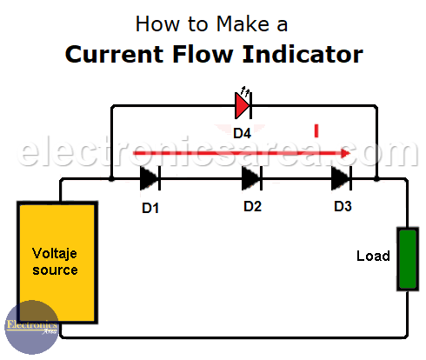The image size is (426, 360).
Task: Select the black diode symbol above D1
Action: (150, 178)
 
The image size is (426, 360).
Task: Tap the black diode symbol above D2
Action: (252, 178)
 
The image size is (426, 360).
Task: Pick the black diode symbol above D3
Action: (342, 178)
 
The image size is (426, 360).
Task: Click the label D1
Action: (150, 208)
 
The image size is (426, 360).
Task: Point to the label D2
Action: (253, 206)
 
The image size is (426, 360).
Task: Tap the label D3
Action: (343, 206)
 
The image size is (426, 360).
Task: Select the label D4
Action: (243, 133)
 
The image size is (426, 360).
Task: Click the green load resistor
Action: (408, 259)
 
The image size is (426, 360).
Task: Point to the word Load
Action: (373, 256)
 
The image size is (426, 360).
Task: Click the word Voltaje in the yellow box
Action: (55, 254)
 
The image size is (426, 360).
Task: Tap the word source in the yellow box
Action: (55, 270)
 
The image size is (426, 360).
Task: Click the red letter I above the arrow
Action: (316, 130)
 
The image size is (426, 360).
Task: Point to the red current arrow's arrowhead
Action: (346, 153)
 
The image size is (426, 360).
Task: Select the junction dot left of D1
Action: (111, 179)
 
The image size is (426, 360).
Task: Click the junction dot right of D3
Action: (376, 178)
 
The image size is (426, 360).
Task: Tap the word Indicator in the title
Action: (303, 54)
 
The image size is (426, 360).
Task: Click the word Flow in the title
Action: (203, 54)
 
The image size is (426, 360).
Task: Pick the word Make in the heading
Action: (243, 23)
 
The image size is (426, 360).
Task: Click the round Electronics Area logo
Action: (32, 327)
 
